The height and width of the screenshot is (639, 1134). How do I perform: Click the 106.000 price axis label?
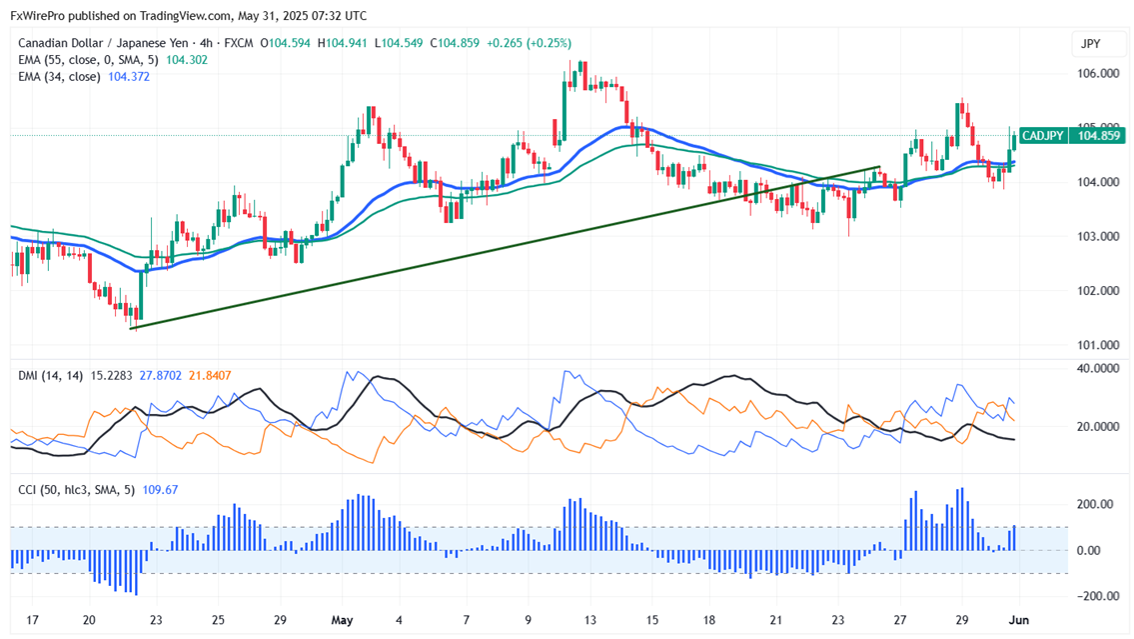(1096, 73)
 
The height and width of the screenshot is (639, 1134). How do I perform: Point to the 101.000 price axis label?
(1096, 345)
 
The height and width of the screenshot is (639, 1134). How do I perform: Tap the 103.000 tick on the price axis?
(1096, 236)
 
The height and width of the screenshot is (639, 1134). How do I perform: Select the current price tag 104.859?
(1097, 136)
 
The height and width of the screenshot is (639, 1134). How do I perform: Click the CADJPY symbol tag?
(1041, 136)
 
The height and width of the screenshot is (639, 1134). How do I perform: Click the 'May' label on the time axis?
(343, 620)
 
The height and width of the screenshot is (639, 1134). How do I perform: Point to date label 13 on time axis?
(590, 620)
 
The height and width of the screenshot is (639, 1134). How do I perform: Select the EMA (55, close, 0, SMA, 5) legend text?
(88, 59)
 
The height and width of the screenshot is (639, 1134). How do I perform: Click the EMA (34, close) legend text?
(59, 76)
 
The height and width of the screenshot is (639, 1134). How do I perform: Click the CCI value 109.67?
(159, 489)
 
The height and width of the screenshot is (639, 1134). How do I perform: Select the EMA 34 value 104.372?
(129, 76)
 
